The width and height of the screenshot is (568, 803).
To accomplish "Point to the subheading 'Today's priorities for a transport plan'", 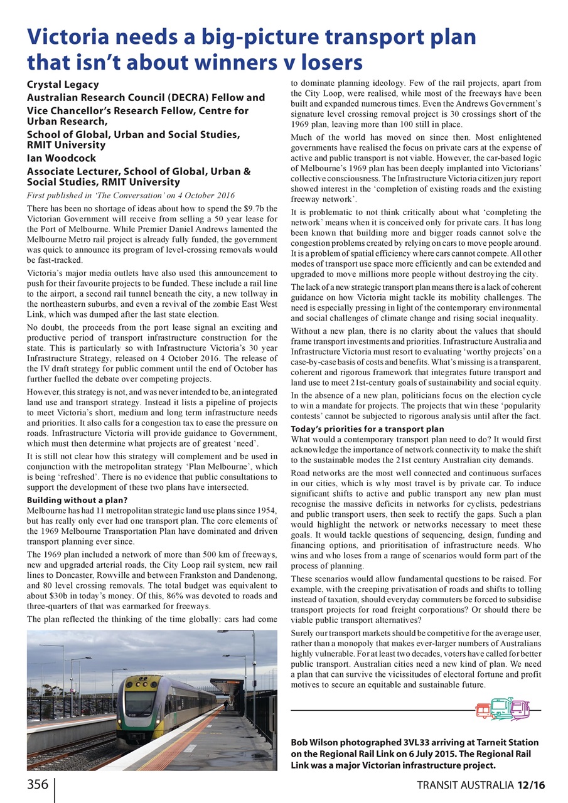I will coord(368,429).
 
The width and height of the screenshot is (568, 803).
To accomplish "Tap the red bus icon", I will coord(483,711).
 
